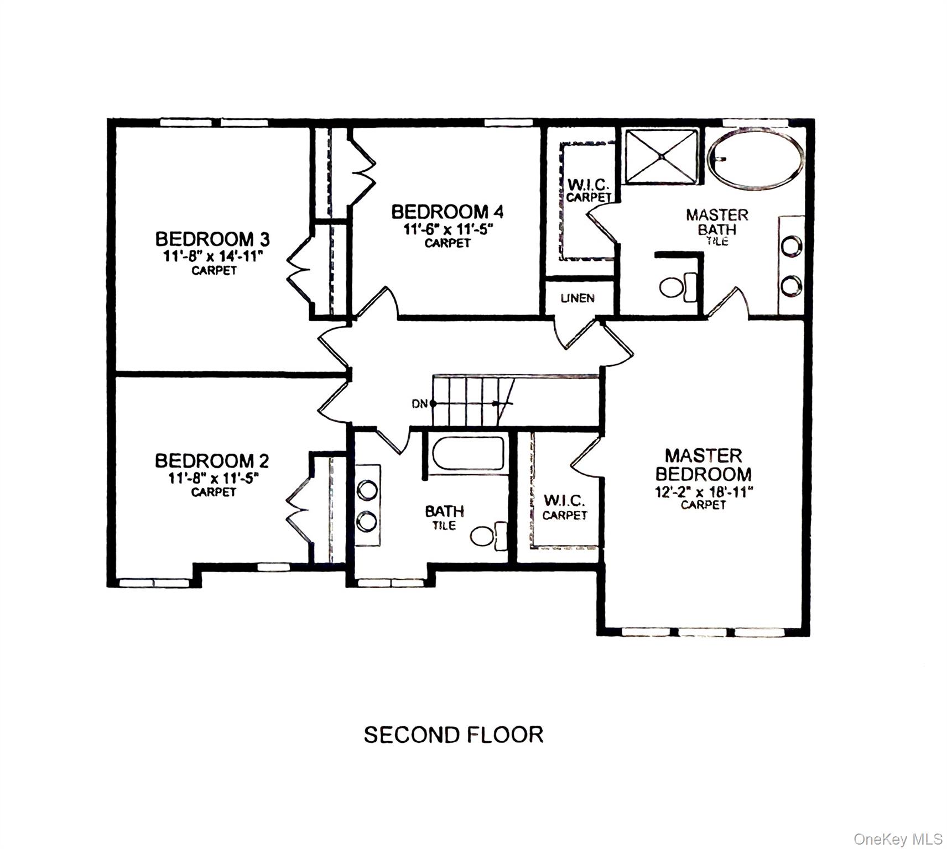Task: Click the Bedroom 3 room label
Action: pos(212,239)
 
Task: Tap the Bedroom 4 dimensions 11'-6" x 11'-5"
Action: pos(448,228)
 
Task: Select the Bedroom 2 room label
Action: pos(212,460)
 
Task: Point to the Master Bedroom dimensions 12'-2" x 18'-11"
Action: pos(704,491)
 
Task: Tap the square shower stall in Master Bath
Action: pos(662,156)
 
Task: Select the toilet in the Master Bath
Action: pos(678,287)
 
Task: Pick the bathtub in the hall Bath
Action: pos(468,454)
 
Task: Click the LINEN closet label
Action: pos(577,298)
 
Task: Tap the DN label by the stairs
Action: pos(420,404)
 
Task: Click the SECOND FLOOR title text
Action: pos(454,735)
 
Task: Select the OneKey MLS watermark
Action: pos(898,839)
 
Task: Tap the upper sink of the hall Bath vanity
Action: pos(367,489)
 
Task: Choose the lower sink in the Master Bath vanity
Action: pos(792,286)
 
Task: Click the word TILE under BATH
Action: pos(444,525)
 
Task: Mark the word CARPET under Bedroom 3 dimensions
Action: pos(214,270)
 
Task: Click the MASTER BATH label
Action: pos(717,222)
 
